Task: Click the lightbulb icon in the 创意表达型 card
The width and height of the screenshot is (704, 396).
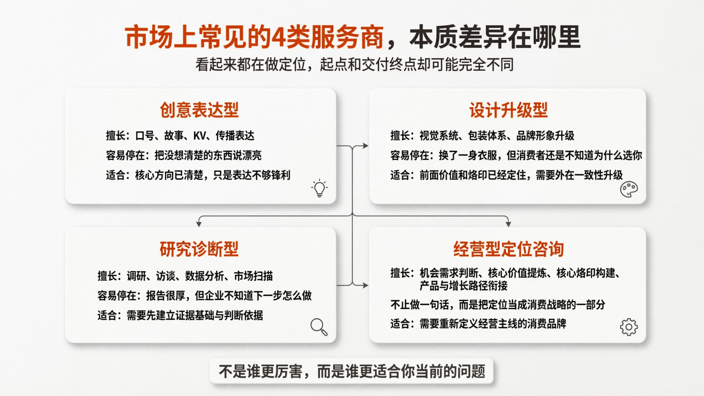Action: point(319,188)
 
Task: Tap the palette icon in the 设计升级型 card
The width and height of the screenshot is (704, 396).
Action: point(629,189)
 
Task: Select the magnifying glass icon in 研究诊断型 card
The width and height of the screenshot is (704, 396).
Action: point(319,327)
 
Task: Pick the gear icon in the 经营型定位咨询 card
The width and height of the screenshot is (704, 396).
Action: point(629,327)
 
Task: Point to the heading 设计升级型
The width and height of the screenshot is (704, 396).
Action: point(508,110)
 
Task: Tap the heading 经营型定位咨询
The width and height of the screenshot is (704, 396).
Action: point(509,249)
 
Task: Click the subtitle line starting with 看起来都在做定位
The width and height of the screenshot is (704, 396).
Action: point(354,65)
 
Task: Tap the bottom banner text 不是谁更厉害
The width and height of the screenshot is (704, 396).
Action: point(352,371)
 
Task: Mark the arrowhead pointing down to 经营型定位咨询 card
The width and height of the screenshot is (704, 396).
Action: point(508,224)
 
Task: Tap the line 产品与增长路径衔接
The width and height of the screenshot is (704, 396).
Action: point(463,285)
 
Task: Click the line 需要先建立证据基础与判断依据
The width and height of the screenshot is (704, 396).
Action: point(194,315)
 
